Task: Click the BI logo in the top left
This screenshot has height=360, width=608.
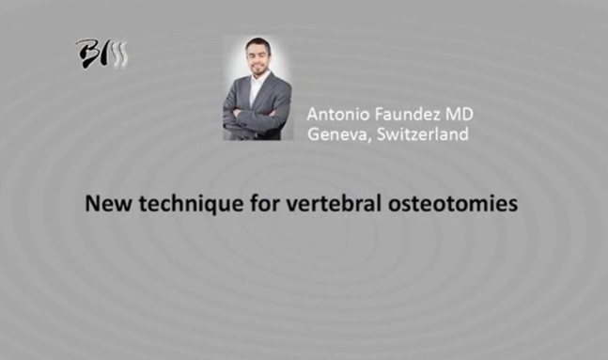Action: click(x=101, y=55)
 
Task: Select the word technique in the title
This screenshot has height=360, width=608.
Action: click(x=176, y=202)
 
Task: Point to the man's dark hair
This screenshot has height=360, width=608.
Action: click(x=257, y=43)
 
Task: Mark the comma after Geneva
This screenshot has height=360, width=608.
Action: click(x=363, y=139)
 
